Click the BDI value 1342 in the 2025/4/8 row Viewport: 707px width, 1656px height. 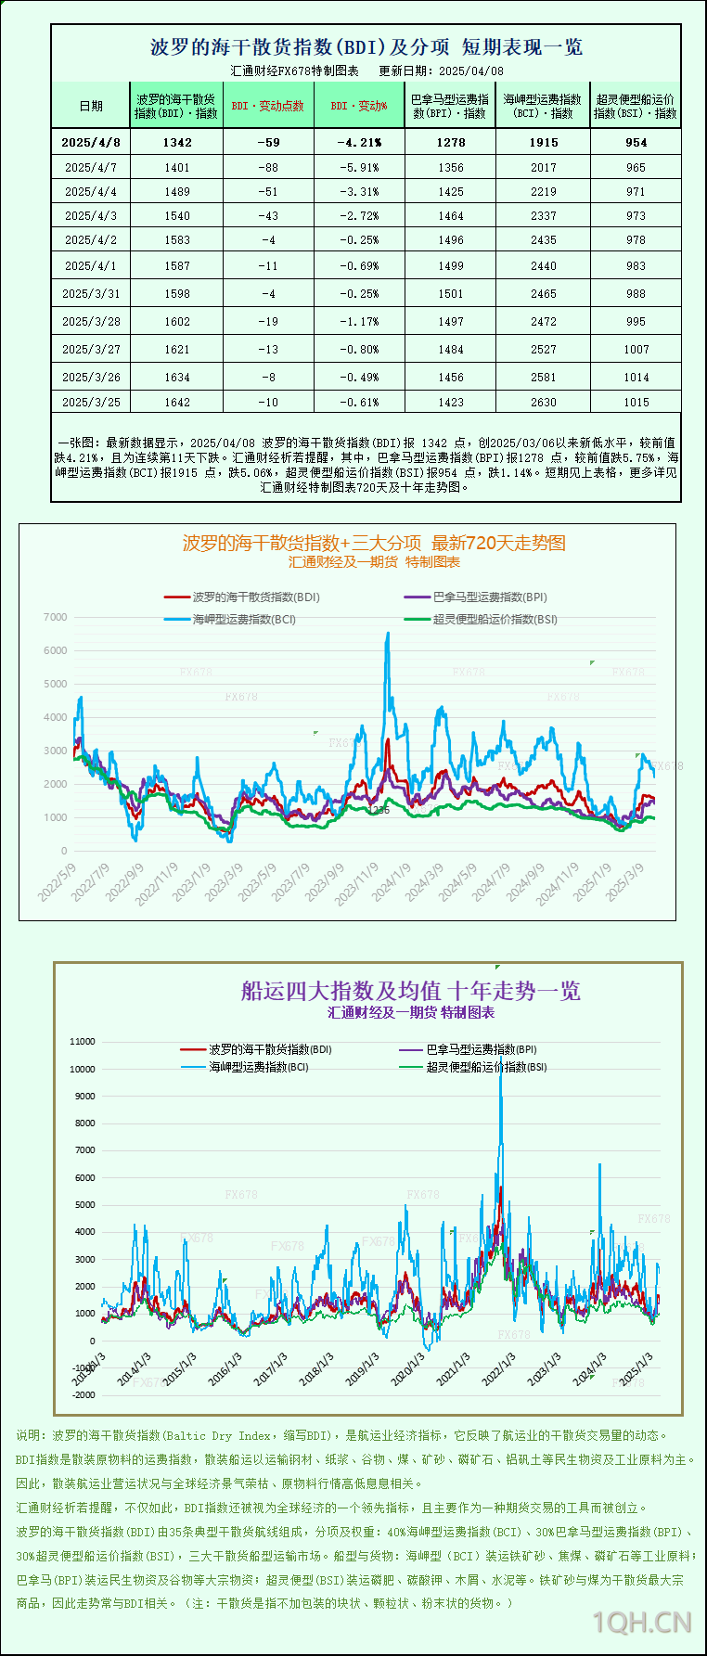click(176, 142)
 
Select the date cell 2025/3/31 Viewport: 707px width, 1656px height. click(91, 293)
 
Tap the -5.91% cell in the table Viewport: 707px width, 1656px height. click(359, 168)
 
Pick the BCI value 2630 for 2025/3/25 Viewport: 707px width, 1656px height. click(544, 403)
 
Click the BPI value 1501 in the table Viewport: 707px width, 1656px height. click(451, 293)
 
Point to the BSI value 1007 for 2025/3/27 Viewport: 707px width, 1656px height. click(636, 350)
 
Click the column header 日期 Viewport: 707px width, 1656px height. click(91, 106)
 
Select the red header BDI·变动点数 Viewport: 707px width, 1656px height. click(268, 106)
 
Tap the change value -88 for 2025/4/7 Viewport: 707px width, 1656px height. click(268, 168)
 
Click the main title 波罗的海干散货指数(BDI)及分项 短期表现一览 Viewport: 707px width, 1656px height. click(366, 46)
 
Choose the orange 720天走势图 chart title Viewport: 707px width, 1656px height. click(374, 543)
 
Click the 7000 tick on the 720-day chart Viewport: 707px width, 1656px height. click(56, 617)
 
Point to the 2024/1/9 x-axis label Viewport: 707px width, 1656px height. click(392, 882)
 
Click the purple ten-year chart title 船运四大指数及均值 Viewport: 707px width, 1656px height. click(411, 991)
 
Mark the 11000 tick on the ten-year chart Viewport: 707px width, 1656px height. click(83, 1042)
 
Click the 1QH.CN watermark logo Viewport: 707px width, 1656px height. click(642, 1622)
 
